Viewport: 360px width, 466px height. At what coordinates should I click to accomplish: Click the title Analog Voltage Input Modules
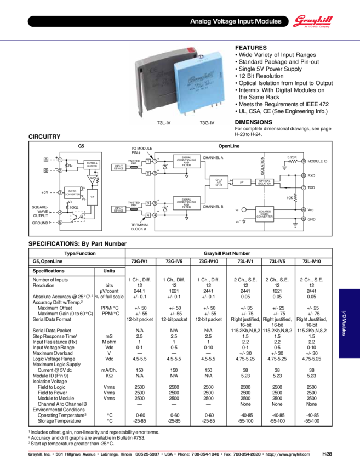(x=236, y=21)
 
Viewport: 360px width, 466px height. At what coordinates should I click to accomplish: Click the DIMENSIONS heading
(x=254, y=122)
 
